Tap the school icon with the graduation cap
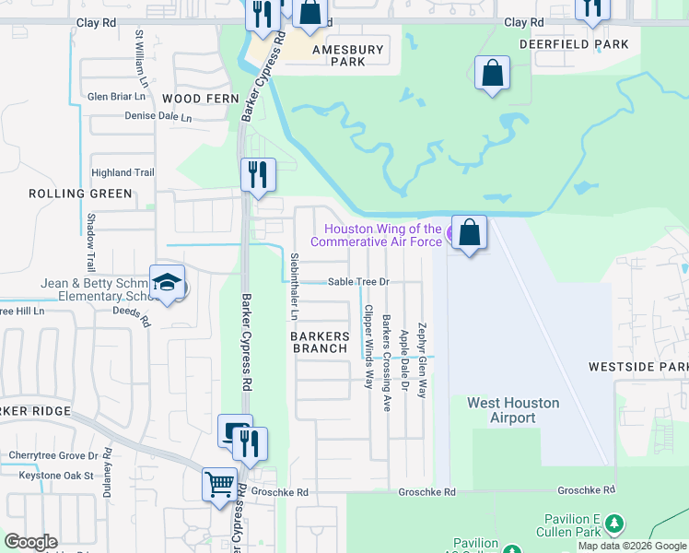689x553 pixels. coord(167,284)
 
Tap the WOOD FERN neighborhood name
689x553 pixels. coord(193,98)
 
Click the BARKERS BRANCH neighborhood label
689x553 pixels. coord(321,342)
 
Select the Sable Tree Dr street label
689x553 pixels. coord(359,282)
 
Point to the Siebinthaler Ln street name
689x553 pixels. coord(294,286)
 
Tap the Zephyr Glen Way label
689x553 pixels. coord(422,360)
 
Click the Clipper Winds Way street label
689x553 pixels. coord(368,346)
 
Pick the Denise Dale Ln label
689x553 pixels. coord(158,117)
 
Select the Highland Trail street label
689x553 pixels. coord(123,172)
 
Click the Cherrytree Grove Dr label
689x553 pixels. coord(53,455)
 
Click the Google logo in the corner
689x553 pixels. coord(30,542)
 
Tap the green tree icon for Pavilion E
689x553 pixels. coord(614,524)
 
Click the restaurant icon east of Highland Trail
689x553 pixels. coord(258,173)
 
